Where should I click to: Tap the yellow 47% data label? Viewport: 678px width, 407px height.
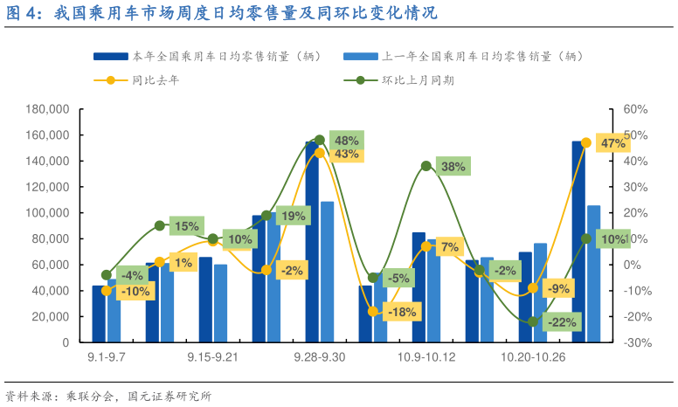coord(613,143)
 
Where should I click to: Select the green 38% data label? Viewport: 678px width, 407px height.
coord(453,167)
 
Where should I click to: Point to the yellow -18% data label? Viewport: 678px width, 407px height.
coord(402,312)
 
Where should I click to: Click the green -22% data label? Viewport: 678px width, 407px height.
coord(561,322)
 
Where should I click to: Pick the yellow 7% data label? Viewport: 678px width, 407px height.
coord(450,247)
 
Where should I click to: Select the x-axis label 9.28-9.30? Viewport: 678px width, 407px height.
coord(319,357)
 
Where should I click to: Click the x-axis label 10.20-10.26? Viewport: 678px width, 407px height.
coord(533,357)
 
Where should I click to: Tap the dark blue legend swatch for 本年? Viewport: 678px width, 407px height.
coord(112,57)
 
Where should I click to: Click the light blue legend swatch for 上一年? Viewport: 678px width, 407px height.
coord(362,57)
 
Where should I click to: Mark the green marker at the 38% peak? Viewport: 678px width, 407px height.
coord(425,166)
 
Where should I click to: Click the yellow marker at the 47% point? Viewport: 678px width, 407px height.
coord(585,142)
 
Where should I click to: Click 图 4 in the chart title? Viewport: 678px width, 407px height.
coord(24,14)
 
